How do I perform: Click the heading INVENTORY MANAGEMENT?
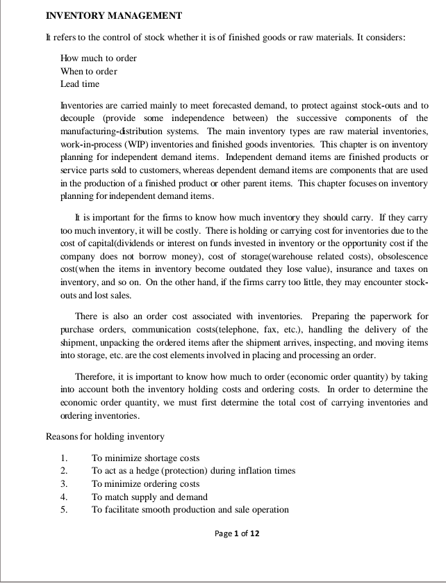[114, 15]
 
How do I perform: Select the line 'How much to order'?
[99, 58]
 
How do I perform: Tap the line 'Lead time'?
[80, 84]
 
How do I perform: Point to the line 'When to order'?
[89, 72]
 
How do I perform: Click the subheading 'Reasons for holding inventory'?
[105, 437]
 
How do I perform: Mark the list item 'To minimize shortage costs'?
[145, 458]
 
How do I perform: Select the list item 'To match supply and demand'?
[149, 497]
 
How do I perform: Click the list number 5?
[63, 510]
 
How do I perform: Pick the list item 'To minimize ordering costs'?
[145, 484]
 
